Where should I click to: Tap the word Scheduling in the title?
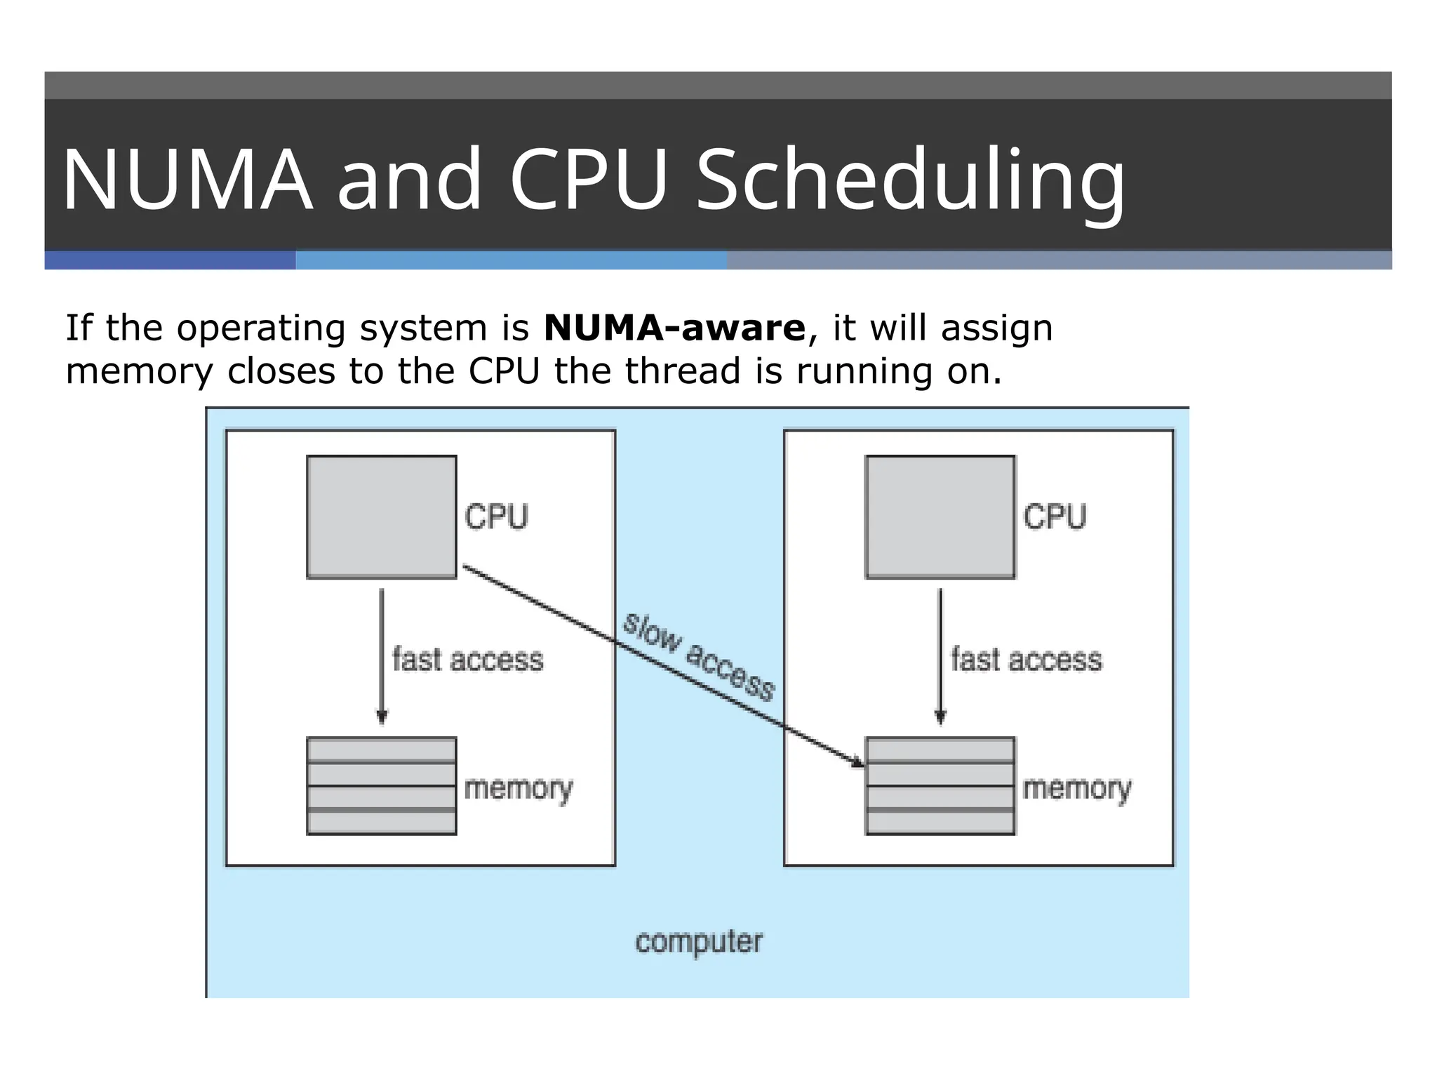click(910, 181)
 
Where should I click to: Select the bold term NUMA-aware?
click(674, 328)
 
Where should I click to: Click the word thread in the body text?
click(682, 371)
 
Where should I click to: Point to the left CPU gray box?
click(382, 517)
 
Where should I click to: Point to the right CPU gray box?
click(940, 517)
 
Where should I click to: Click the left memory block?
click(382, 786)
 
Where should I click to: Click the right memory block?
click(940, 786)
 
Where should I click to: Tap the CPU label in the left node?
click(496, 517)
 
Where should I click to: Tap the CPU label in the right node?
click(1055, 517)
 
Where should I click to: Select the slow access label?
click(699, 657)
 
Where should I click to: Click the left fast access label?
click(468, 660)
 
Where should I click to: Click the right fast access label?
click(1027, 660)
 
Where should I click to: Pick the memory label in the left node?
click(519, 789)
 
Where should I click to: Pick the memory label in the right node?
click(1077, 789)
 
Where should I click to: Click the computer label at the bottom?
click(699, 942)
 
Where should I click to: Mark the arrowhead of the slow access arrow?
click(857, 762)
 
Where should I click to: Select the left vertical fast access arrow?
click(382, 653)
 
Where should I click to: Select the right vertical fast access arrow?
click(940, 653)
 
